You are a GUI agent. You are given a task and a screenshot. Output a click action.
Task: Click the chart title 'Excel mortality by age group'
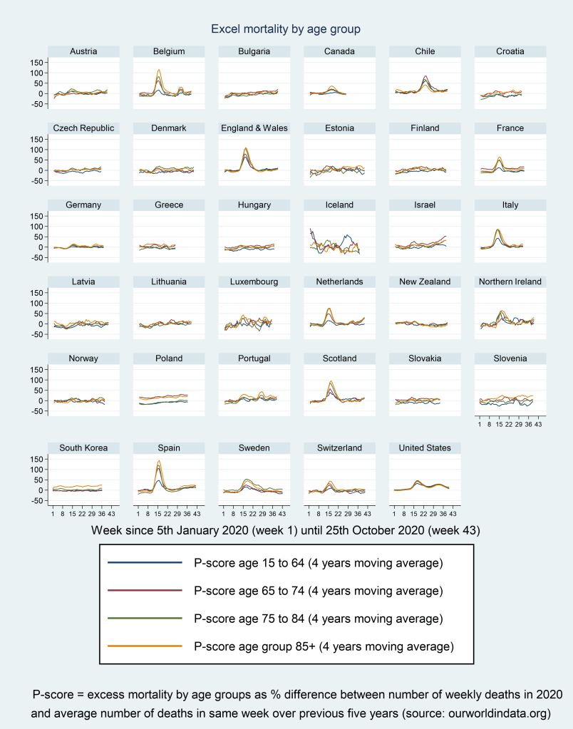pyautogui.click(x=286, y=29)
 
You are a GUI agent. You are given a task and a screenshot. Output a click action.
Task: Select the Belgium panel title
pyautogui.click(x=169, y=51)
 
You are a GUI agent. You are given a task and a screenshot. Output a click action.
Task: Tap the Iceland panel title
pyautogui.click(x=339, y=205)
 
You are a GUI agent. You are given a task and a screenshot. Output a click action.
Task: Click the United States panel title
pyautogui.click(x=425, y=448)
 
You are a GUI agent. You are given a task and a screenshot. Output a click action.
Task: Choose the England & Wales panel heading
pyautogui.click(x=254, y=128)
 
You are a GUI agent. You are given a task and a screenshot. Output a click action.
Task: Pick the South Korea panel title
pyautogui.click(x=83, y=448)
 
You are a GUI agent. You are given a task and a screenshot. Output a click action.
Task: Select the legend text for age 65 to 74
pyautogui.click(x=318, y=591)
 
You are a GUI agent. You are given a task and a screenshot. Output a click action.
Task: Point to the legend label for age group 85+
pyautogui.click(x=324, y=646)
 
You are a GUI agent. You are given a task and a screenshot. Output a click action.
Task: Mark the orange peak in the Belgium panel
pyautogui.click(x=158, y=70)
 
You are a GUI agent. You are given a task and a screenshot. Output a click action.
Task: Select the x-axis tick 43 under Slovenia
pyautogui.click(x=539, y=424)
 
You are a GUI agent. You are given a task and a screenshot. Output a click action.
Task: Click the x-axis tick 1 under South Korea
pyautogui.click(x=53, y=513)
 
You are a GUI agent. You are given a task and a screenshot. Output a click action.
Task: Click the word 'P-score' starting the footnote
pyautogui.click(x=50, y=694)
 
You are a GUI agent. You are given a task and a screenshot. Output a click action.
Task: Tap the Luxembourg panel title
pyautogui.click(x=254, y=281)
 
